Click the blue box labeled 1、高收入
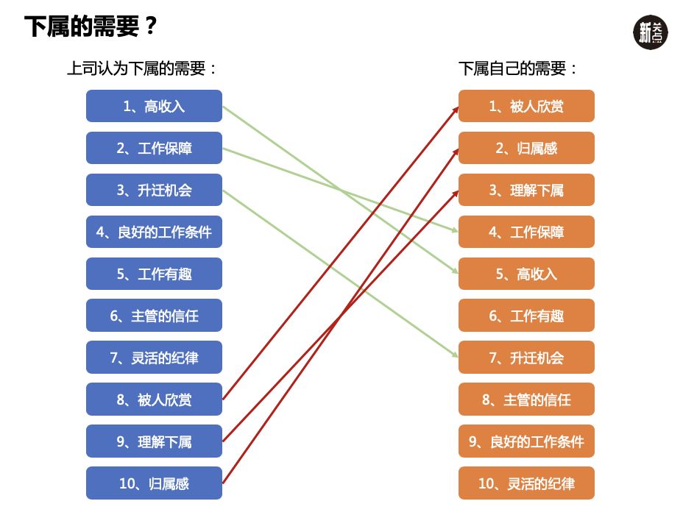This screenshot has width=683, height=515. click(x=154, y=106)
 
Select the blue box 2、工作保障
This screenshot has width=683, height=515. click(x=154, y=148)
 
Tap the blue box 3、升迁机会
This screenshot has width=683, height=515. click(x=154, y=190)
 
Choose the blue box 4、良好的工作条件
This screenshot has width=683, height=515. click(x=154, y=232)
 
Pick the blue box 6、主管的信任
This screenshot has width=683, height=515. click(x=154, y=316)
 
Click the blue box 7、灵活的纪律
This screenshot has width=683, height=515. click(x=154, y=358)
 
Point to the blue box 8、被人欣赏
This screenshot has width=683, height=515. click(x=154, y=399)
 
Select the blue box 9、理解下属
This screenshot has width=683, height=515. click(x=154, y=441)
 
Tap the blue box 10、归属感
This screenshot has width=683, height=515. click(x=154, y=483)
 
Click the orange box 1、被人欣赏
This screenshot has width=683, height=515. click(x=526, y=106)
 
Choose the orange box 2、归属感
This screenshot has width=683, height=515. click(x=526, y=148)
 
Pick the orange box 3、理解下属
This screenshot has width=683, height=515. click(x=526, y=190)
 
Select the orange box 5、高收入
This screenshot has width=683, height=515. click(x=526, y=274)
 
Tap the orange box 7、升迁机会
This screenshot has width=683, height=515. click(x=526, y=358)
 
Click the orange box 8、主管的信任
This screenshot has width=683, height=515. click(x=526, y=399)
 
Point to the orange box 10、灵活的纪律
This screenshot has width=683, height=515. click(x=526, y=483)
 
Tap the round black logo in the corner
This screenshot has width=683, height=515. click(x=651, y=32)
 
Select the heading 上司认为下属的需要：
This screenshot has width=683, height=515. click(x=143, y=69)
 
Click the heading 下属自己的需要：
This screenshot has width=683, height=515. click(x=518, y=69)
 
